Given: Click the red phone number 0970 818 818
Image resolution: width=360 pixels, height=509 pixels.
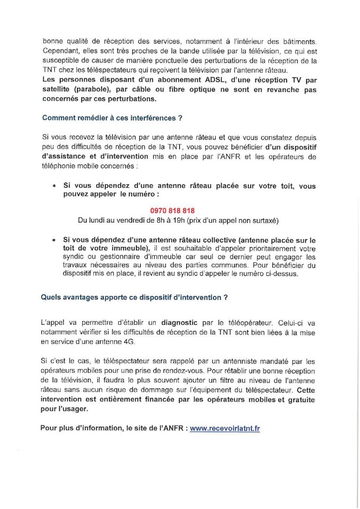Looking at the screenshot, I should coord(172,211).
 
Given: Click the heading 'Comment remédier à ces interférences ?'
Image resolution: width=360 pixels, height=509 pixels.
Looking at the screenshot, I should coord(112,118).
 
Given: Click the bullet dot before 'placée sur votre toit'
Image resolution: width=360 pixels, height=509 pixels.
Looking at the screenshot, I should coord(54,186).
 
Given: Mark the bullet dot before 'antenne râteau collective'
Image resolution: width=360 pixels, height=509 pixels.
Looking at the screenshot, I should coord(54,240).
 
